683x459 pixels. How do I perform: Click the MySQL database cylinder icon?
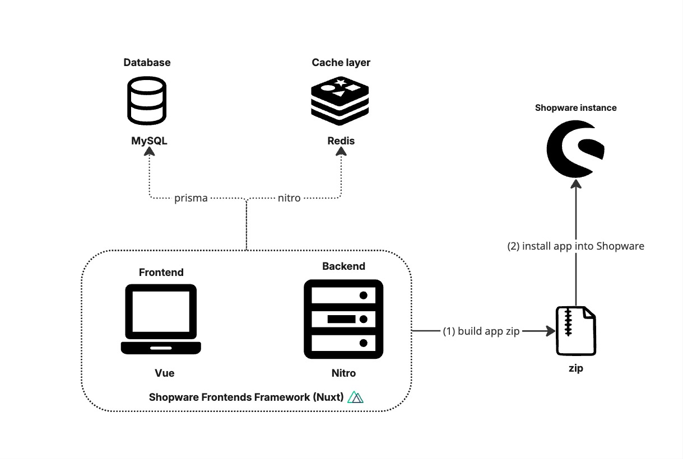[147, 101]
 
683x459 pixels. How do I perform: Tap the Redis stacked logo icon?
[341, 102]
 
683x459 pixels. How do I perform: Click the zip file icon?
[575, 331]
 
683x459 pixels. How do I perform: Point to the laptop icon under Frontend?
[161, 320]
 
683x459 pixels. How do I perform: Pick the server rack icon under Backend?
[343, 319]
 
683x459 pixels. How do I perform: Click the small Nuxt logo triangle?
[356, 397]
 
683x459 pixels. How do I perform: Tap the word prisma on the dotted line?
[191, 198]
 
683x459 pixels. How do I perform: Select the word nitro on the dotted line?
[289, 198]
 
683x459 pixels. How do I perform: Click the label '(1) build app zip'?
[482, 331]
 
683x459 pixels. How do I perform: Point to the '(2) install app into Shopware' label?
[575, 246]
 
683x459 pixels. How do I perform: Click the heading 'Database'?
[147, 62]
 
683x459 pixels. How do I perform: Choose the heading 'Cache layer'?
[341, 62]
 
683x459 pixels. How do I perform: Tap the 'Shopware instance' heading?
[575, 107]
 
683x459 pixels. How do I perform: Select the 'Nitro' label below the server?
[343, 373]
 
